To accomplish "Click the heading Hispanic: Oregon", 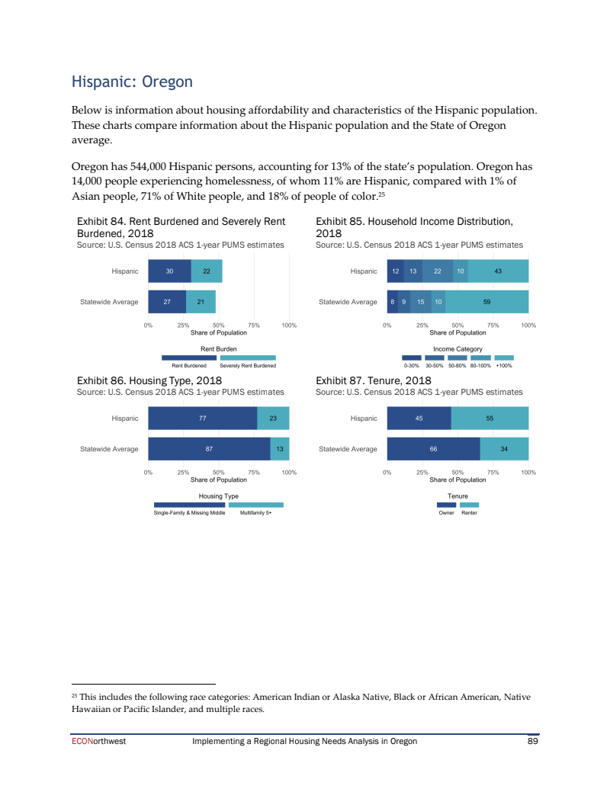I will [x=131, y=82].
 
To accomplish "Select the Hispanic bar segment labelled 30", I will [x=169, y=271].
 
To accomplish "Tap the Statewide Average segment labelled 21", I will [x=201, y=302].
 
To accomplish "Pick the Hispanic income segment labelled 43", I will [x=498, y=271].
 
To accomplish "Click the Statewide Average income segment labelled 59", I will [x=486, y=302].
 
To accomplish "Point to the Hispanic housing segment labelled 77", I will [x=203, y=418].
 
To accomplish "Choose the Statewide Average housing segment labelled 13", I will [x=280, y=449].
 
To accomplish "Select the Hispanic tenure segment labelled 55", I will [x=490, y=418].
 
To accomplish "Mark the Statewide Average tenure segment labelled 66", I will [x=433, y=449].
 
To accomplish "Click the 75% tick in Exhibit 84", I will [x=254, y=326].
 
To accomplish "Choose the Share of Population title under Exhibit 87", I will [x=457, y=479].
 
